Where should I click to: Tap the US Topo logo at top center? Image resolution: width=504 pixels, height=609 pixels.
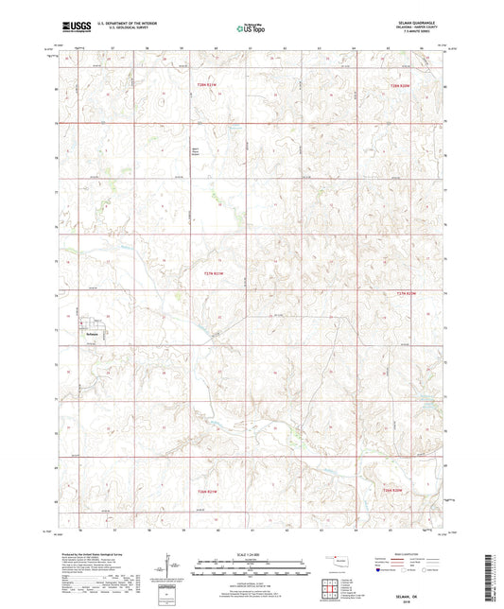(x=251, y=29)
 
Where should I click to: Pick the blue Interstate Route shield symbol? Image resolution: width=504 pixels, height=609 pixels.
(x=381, y=570)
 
